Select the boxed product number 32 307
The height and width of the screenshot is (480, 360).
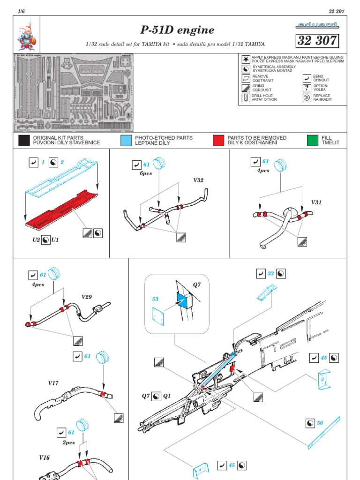pyautogui.click(x=317, y=41)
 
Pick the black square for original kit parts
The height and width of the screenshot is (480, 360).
pyautogui.click(x=24, y=140)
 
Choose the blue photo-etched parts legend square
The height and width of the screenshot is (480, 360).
pyautogui.click(x=126, y=140)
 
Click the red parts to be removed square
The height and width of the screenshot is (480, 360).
pyautogui.click(x=218, y=140)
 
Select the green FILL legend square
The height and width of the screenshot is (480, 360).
pyautogui.click(x=313, y=140)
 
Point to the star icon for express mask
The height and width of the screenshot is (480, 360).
pyautogui.click(x=245, y=59)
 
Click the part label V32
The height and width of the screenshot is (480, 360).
pyautogui.click(x=199, y=180)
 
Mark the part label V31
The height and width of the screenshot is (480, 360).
pyautogui.click(x=318, y=202)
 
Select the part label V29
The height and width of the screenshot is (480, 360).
pyautogui.click(x=87, y=297)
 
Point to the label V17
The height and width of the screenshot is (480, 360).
pyautogui.click(x=53, y=383)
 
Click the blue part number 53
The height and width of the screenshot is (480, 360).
pyautogui.click(x=155, y=299)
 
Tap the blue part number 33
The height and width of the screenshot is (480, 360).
pyautogui.click(x=270, y=273)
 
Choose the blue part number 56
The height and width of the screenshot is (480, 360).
pyautogui.click(x=320, y=423)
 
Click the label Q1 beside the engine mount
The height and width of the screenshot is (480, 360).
pyautogui.click(x=167, y=396)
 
